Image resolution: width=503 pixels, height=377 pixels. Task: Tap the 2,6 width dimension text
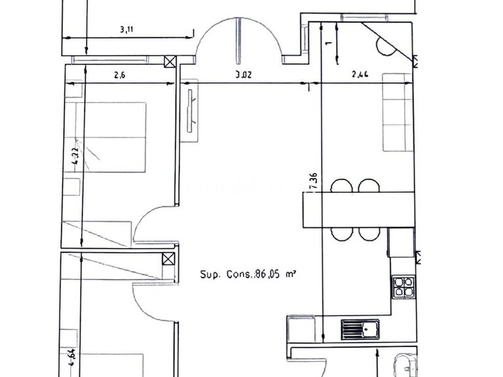[119, 75]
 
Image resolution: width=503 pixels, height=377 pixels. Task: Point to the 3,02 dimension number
[243, 75]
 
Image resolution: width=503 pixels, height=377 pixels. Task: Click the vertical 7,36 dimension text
[315, 181]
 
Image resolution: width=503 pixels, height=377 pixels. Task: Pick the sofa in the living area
[397, 112]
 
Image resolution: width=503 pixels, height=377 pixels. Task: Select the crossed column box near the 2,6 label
[170, 62]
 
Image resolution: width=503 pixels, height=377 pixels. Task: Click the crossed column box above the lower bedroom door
[169, 259]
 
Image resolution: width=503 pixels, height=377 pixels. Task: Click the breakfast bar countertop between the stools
[359, 209]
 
